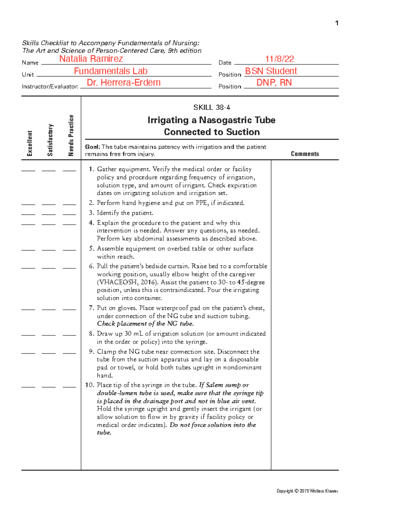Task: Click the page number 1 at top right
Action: point(337,23)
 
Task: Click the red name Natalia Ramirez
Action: point(91,59)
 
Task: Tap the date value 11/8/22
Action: point(279,59)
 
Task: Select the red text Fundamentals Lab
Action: point(111,71)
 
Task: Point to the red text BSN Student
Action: point(271,71)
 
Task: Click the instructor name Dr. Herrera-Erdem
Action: point(124,83)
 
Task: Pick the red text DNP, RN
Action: point(274,83)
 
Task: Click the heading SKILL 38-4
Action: point(211,107)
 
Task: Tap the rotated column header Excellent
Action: point(30,143)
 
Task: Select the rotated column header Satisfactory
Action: point(50,140)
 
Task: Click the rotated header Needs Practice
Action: point(71,135)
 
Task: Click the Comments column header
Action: point(305,154)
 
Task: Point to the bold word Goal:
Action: point(92,147)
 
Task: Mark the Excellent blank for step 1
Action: point(28,171)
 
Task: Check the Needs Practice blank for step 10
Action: point(69,387)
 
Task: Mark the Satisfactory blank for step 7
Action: point(49,309)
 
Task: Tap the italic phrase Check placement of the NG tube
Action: point(145,324)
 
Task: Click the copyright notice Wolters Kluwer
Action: point(307,491)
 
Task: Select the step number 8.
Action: point(91,334)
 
